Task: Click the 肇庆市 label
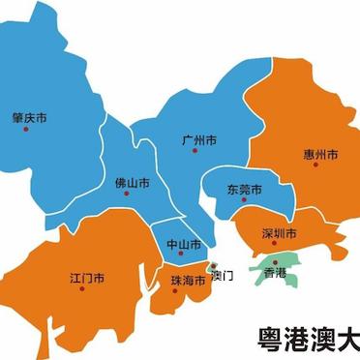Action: point(29,117)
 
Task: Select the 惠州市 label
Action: point(320,154)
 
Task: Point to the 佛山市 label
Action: point(133,183)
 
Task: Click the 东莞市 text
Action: point(244,189)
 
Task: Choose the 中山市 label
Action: point(182,244)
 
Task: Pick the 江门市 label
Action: point(88,279)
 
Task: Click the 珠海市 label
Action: point(189,281)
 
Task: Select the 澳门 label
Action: point(223,275)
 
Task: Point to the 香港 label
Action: point(275,274)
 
